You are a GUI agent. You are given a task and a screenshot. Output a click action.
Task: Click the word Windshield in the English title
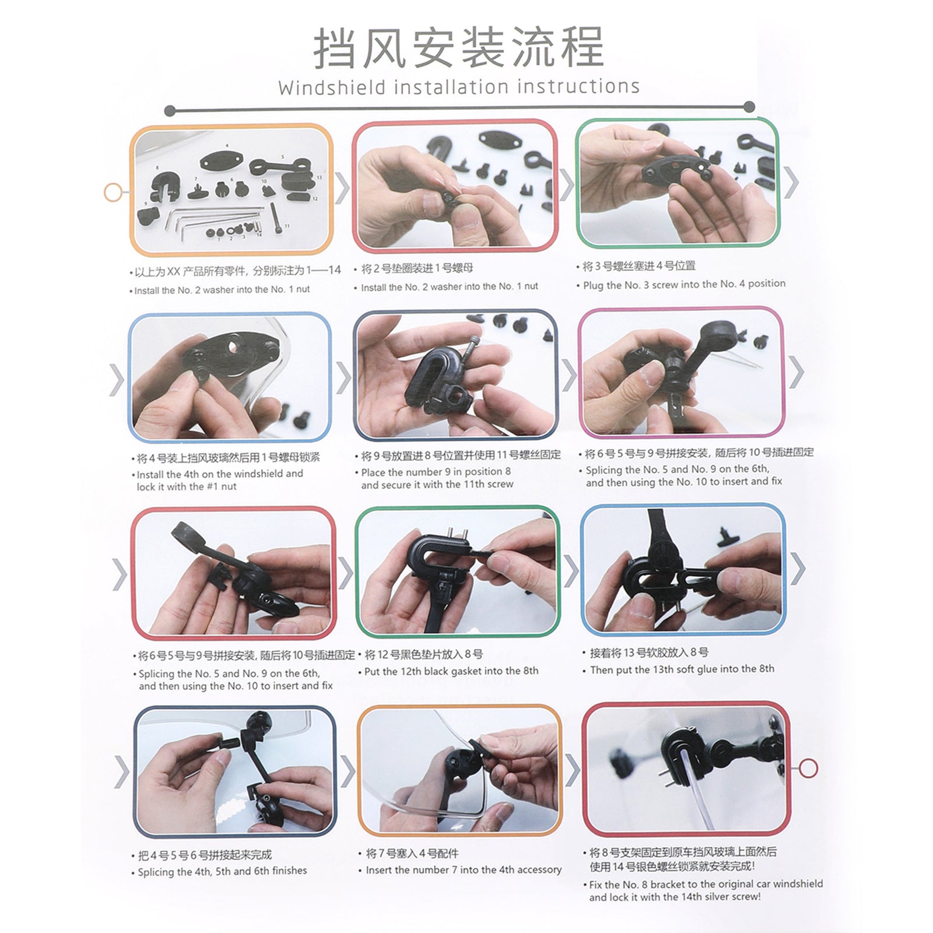(332, 87)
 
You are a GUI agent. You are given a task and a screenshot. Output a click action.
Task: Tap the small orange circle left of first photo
(113, 192)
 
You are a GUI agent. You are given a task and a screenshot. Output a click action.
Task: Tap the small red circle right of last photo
(808, 768)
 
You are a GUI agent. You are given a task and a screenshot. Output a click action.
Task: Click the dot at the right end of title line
(749, 106)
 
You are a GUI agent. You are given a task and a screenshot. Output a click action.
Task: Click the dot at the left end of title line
(170, 110)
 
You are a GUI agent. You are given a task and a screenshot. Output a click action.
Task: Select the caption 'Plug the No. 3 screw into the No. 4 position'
(684, 284)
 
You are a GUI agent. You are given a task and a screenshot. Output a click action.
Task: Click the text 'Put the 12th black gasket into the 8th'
(451, 671)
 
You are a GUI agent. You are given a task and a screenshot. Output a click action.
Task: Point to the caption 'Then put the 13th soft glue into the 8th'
(682, 669)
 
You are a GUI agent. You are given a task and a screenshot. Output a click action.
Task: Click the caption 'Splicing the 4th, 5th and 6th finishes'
(222, 871)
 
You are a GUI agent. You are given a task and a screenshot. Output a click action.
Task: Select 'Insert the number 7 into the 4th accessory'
(463, 869)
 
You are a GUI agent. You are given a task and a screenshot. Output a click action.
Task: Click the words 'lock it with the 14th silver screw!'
(675, 897)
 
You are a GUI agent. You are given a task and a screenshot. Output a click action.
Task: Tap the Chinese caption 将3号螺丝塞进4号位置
(639, 266)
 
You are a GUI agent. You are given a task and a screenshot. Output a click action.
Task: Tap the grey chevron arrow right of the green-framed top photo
(791, 182)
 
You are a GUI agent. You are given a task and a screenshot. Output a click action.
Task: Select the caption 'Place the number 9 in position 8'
(436, 472)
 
